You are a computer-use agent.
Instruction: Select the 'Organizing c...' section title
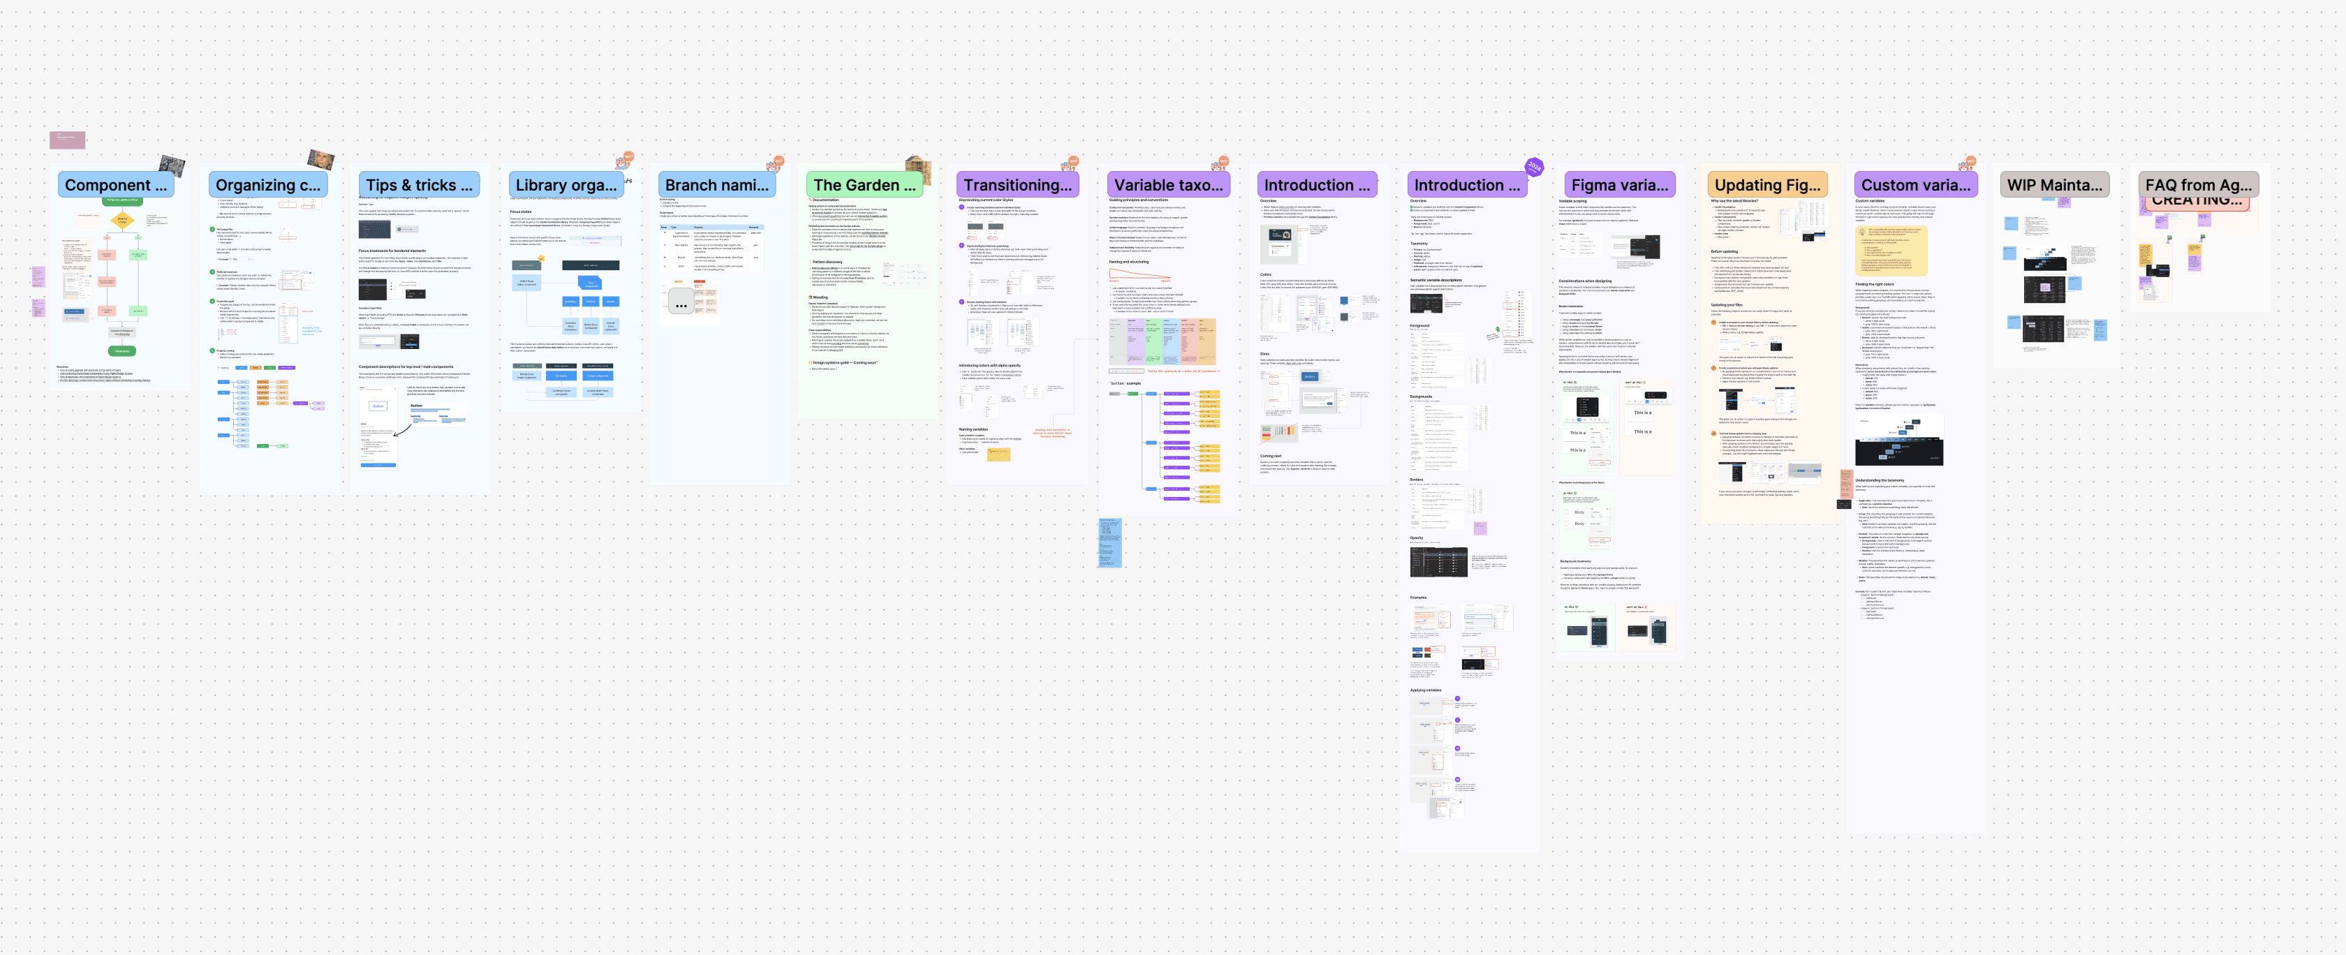pos(267,185)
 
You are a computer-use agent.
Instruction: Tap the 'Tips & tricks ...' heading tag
pos(419,185)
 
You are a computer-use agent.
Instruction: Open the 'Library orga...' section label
pos(566,185)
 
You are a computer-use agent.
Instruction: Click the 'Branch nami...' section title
pos(716,185)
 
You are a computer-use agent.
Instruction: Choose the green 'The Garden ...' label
pos(864,185)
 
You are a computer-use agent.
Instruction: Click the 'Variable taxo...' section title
pos(1167,185)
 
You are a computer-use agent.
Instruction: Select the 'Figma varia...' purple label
pos(1618,185)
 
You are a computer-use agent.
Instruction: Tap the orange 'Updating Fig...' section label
pos(1766,185)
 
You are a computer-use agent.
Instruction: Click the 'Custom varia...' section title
pos(1915,185)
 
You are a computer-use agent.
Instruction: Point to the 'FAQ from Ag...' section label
pos(2197,185)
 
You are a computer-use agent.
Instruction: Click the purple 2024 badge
pos(1535,167)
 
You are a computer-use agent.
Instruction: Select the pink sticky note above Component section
pos(68,140)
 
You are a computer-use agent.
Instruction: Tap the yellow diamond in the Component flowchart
pos(123,219)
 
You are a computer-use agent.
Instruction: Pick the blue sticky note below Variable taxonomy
pos(1109,542)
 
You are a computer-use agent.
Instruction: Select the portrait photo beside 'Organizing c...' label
pos(320,159)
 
